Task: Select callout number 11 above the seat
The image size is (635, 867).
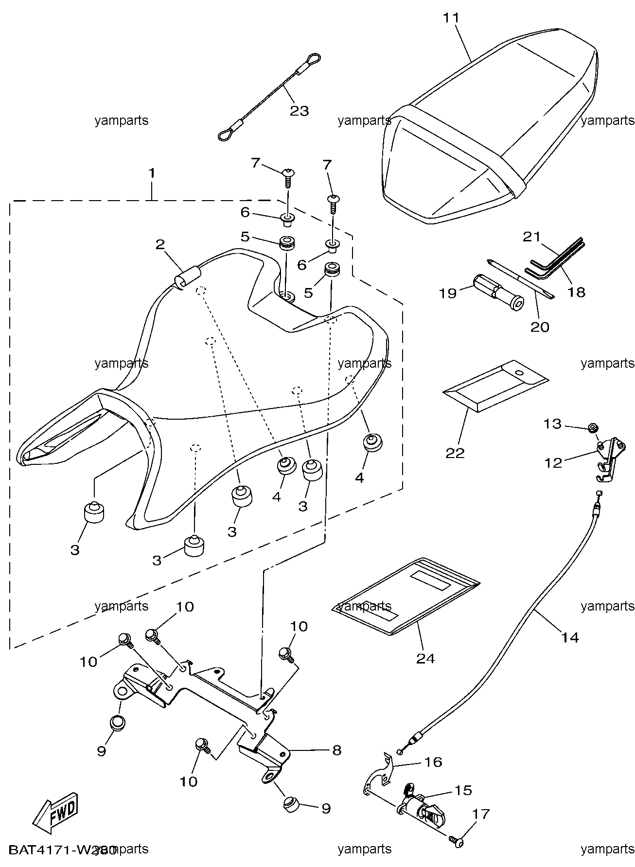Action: pos(451,18)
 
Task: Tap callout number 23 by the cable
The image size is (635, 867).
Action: pos(300,111)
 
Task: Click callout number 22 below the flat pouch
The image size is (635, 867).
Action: pos(455,453)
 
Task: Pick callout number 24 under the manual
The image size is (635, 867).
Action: pos(425,659)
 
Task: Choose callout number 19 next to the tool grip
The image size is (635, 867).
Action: pos(447,293)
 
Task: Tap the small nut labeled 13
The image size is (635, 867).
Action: pos(593,428)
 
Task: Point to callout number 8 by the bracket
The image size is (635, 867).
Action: pos(336,750)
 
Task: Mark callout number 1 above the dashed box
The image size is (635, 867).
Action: pos(152,173)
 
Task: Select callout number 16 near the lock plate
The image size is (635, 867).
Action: pos(433,762)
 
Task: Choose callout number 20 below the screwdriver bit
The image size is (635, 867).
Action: pos(540,327)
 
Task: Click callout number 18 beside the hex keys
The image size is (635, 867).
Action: pos(577,292)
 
